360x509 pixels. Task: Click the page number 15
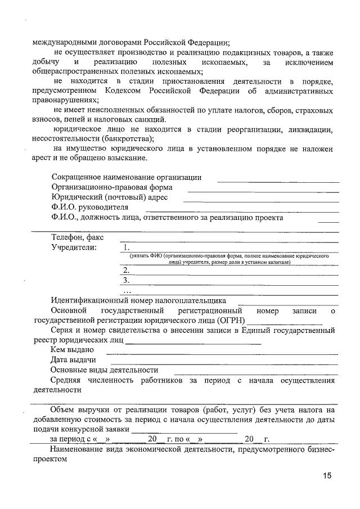pyautogui.click(x=327, y=475)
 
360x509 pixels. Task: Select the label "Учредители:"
pyautogui.click(x=73, y=247)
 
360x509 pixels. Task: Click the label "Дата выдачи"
pyautogui.click(x=73, y=360)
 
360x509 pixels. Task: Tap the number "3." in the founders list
pyautogui.click(x=126, y=280)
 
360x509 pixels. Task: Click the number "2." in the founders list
pyautogui.click(x=126, y=270)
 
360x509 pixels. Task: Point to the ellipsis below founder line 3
pyautogui.click(x=126, y=291)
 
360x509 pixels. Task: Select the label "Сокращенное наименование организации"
pyautogui.click(x=126, y=177)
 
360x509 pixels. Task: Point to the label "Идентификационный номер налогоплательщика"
pyautogui.click(x=138, y=300)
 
